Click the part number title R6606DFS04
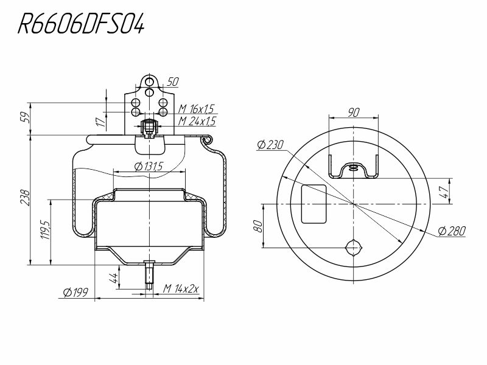point(81,24)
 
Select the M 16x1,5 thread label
point(196,109)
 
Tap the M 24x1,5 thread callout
point(197,121)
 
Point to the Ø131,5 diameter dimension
point(149,167)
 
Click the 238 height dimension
point(25,197)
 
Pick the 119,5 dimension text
point(45,230)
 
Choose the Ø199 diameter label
point(75,293)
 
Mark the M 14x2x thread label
point(181,289)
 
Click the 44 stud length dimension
point(113,278)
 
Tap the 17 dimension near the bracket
point(101,122)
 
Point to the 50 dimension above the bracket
point(173,82)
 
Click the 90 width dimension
point(354,112)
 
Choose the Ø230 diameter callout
point(270,145)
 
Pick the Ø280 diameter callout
point(452,231)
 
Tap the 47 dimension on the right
point(445,192)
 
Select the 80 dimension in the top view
point(258,226)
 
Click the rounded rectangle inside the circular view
point(314,204)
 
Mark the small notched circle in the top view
point(354,248)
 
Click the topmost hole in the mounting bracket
point(149,82)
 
